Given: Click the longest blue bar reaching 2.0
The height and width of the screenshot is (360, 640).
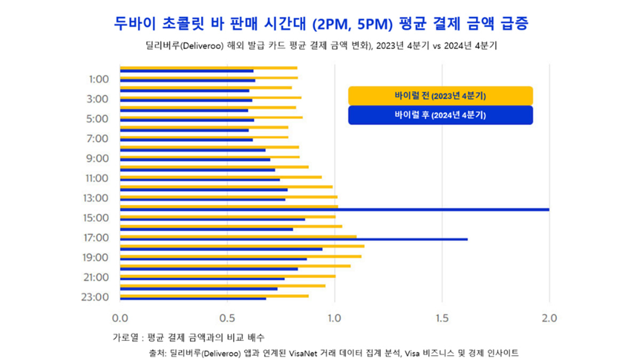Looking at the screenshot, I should click(373, 210).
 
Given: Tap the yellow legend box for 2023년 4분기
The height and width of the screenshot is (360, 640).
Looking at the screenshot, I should click(440, 96).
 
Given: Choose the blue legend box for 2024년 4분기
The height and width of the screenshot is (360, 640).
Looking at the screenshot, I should click(440, 115).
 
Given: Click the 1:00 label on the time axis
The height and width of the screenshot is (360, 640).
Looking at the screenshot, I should click(98, 79).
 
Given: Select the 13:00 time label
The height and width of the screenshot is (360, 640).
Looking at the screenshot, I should click(96, 198).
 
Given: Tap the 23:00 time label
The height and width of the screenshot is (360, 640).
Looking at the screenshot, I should click(96, 297).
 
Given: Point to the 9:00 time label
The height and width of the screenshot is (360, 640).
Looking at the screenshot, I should click(98, 158).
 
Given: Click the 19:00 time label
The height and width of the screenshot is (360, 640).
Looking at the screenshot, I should click(96, 258).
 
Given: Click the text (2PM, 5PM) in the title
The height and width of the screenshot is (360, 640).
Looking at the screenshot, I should click(353, 23).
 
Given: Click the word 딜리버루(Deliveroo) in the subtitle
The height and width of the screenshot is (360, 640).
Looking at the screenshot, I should click(183, 46).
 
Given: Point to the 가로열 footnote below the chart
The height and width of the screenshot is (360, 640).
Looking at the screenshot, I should click(125, 337).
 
